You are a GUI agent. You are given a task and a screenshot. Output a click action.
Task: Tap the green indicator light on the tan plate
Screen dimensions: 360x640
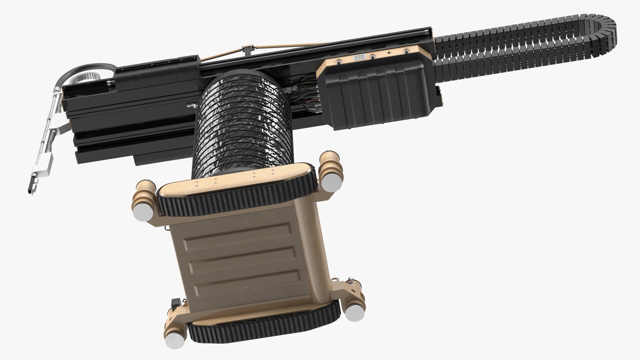tap(389, 52)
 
